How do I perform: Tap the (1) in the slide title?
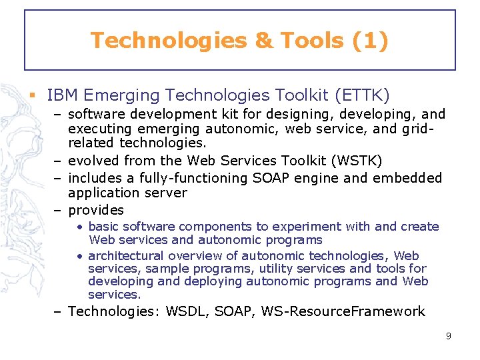[367, 41]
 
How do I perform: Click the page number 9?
[449, 336]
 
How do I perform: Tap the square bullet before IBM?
[31, 95]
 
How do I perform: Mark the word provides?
[96, 210]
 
